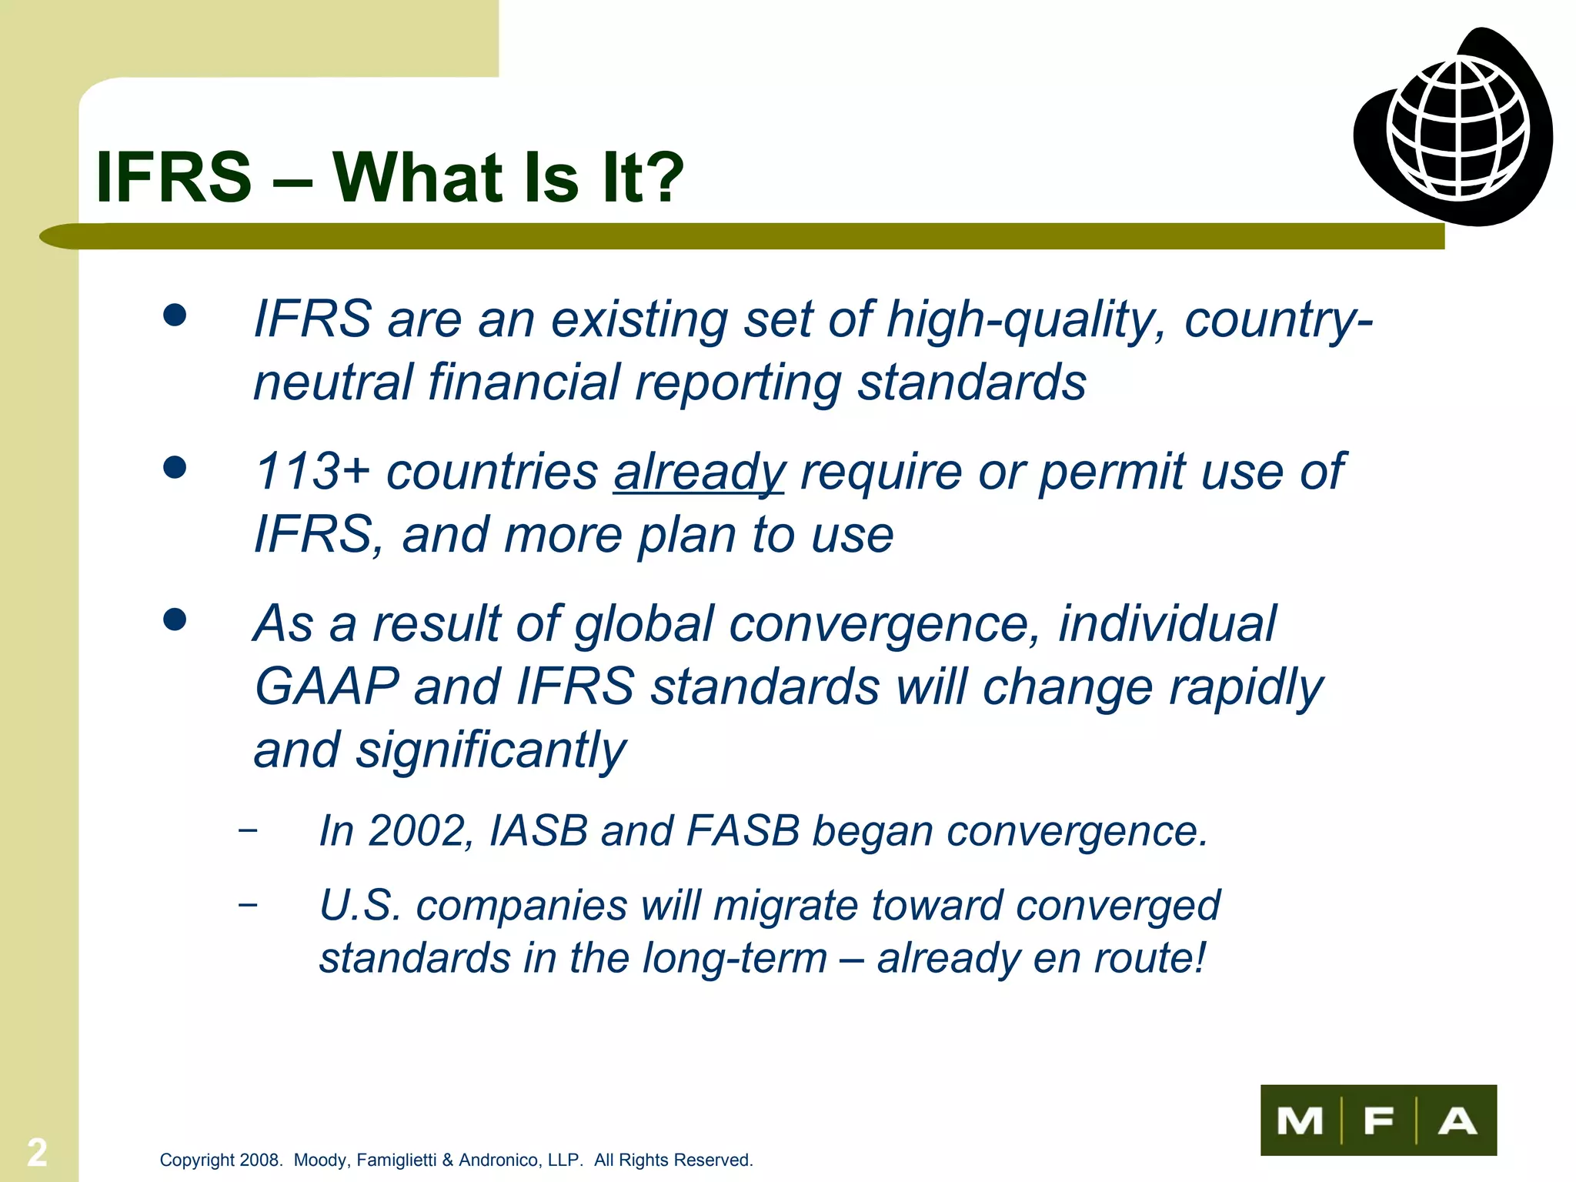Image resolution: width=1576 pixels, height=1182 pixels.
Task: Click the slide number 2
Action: point(37,1152)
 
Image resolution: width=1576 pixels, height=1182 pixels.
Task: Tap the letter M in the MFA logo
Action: point(1300,1120)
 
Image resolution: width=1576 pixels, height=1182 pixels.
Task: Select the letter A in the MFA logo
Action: point(1457,1120)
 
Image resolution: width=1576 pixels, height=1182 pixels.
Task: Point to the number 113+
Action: point(312,471)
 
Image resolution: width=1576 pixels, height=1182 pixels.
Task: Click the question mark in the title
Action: point(661,177)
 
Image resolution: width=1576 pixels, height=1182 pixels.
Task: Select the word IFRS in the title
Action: point(174,177)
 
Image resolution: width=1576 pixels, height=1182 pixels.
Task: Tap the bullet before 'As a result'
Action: point(175,619)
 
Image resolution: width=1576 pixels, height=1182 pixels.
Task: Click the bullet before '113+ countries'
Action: point(175,467)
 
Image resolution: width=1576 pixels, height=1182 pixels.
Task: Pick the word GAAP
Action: point(327,686)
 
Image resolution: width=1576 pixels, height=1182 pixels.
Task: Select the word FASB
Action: point(742,831)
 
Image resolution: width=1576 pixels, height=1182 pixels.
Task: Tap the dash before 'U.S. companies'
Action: point(248,903)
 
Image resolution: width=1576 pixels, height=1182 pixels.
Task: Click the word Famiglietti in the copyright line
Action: point(396,1160)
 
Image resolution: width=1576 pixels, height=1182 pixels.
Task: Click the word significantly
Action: point(491,750)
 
